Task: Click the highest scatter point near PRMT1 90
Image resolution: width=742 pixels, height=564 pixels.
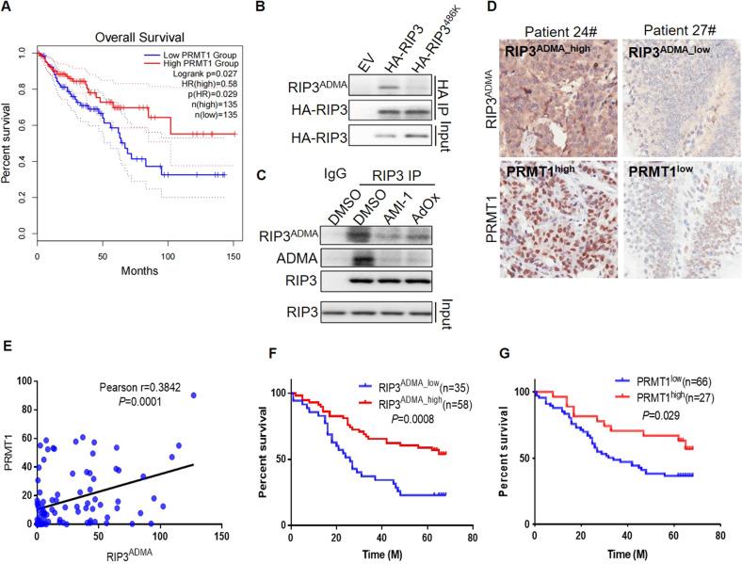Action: pos(194,343)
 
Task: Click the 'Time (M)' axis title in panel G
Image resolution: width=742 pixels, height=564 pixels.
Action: pos(629,556)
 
